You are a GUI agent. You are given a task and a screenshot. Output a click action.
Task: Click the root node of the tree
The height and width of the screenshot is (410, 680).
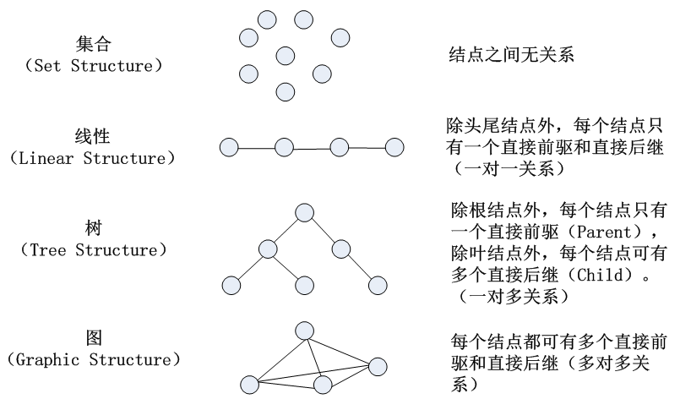(304, 212)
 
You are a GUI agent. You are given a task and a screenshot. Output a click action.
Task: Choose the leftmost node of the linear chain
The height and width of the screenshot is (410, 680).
(228, 148)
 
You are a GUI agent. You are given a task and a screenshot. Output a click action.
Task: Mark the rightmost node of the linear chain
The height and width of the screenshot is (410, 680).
(394, 147)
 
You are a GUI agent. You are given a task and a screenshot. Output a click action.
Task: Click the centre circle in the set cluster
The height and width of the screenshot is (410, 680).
(285, 56)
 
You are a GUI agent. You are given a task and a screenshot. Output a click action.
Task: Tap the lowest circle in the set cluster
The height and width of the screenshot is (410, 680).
(285, 91)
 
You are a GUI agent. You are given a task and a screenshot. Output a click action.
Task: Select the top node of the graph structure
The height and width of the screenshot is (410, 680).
(304, 329)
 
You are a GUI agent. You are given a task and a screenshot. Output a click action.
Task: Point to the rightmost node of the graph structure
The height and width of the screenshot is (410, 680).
(377, 366)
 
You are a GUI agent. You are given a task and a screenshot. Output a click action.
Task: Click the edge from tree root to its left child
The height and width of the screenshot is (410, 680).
(286, 230)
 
